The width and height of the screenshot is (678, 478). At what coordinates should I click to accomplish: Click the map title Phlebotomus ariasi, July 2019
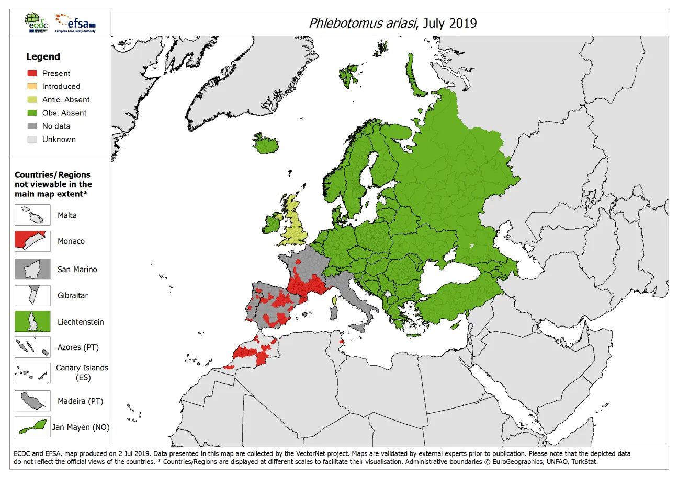pyautogui.click(x=392, y=23)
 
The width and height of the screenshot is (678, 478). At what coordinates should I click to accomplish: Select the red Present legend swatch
pyautogui.click(x=32, y=74)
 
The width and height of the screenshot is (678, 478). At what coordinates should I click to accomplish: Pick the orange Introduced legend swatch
pyautogui.click(x=32, y=87)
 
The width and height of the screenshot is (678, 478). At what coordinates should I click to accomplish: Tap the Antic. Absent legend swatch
pyautogui.click(x=32, y=100)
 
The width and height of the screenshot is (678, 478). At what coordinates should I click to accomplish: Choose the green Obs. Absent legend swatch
pyautogui.click(x=32, y=113)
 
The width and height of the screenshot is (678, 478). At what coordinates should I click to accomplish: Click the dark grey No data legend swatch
pyautogui.click(x=32, y=126)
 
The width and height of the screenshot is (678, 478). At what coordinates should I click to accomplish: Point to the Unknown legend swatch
pyautogui.click(x=32, y=139)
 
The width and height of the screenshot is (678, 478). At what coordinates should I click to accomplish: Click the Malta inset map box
pyautogui.click(x=32, y=215)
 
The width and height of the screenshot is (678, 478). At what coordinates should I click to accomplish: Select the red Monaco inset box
pyautogui.click(x=32, y=241)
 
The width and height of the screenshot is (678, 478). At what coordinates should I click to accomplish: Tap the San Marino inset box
pyautogui.click(x=32, y=270)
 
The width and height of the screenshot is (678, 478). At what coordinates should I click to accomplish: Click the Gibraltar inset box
pyautogui.click(x=32, y=295)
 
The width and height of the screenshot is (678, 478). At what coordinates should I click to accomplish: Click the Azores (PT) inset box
pyautogui.click(x=32, y=347)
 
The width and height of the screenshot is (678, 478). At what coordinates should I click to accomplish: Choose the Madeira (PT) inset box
pyautogui.click(x=32, y=401)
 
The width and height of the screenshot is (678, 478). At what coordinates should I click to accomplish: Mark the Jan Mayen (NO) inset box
pyautogui.click(x=32, y=427)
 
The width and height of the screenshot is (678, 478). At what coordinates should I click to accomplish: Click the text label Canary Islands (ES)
pyautogui.click(x=82, y=372)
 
